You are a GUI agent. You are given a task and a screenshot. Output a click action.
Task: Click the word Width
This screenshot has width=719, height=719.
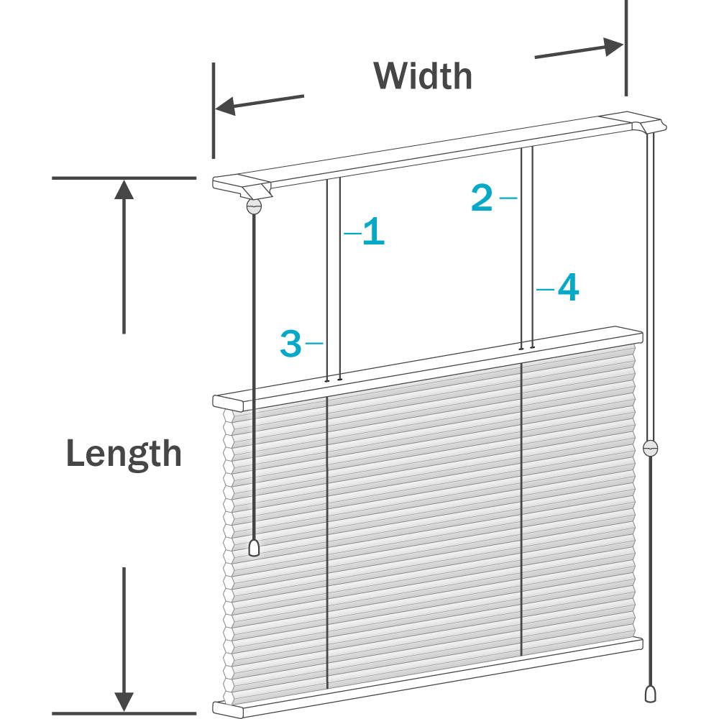point(423,75)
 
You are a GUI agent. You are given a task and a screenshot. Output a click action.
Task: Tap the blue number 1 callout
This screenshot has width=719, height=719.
point(373,231)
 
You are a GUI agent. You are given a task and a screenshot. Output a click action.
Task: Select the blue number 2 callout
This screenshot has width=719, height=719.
point(482,198)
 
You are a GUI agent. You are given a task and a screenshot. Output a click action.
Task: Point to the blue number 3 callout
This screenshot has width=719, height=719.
point(290,343)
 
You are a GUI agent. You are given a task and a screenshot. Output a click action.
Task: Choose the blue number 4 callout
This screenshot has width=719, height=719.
point(569,288)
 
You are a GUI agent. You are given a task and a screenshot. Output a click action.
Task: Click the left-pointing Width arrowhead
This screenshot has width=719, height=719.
point(224,106)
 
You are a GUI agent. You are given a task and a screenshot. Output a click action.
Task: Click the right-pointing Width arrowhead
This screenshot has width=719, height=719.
point(613,47)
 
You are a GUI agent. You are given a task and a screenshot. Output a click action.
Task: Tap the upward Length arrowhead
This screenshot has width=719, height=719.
point(124,190)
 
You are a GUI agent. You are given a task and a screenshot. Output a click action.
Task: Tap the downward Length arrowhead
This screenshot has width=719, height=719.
point(124,702)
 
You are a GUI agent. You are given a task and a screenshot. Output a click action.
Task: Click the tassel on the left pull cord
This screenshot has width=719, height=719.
point(254,548)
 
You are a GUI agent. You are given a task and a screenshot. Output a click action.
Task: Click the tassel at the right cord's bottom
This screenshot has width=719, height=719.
point(650,694)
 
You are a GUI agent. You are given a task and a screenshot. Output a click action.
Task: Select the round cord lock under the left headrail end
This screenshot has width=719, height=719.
point(254,206)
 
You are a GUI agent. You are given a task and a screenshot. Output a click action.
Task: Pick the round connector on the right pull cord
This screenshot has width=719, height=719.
point(650,448)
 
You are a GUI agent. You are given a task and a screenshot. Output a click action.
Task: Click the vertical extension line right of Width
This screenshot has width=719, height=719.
point(626,48)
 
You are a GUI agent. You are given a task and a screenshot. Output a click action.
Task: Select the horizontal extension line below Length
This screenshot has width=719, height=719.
point(124,713)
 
